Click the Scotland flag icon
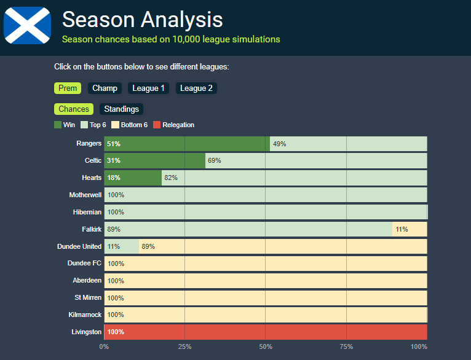coord(27,26)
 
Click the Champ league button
coord(105,88)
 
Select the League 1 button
coord(148,88)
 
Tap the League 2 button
coord(196,88)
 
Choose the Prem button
coord(68,88)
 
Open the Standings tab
coord(121,109)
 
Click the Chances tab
coord(74,109)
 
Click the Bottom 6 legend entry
coord(130,125)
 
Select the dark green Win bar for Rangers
coord(187,144)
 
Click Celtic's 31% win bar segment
coord(154,160)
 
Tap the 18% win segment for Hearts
coord(133,178)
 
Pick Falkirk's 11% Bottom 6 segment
coord(410,229)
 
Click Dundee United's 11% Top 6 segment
coord(121,246)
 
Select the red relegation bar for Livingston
coord(266,332)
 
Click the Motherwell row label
coord(85,195)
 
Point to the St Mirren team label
coord(88,297)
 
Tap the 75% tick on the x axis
coord(346,347)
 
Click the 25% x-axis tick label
coord(184,347)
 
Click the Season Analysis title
coord(142,20)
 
